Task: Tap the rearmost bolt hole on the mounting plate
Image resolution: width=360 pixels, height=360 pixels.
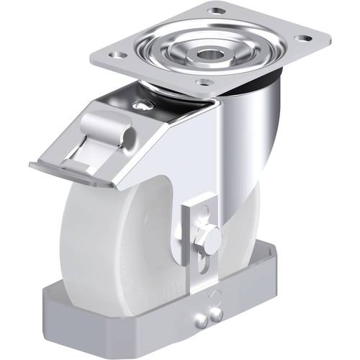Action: click(x=215, y=11)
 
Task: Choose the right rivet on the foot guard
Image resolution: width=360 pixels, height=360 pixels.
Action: click(x=216, y=311)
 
